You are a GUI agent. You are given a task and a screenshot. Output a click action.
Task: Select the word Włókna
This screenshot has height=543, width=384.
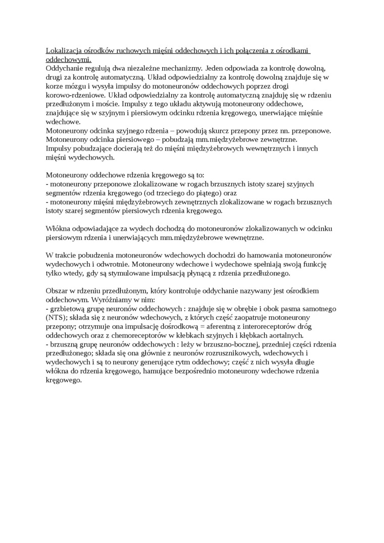(57, 228)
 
